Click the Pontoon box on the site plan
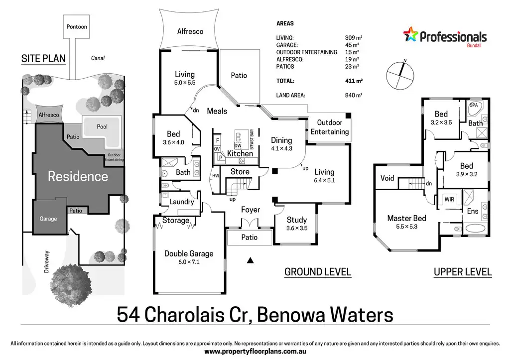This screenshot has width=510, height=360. click(x=76, y=26)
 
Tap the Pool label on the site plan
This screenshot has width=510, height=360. click(x=102, y=126)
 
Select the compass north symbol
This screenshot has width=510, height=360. click(x=400, y=76)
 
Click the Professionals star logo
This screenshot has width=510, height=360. click(x=410, y=34)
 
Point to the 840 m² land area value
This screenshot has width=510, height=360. click(x=354, y=95)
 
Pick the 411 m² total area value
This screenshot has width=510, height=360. click(x=354, y=81)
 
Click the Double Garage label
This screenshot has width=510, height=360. click(x=189, y=253)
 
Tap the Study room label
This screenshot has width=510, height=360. click(x=297, y=220)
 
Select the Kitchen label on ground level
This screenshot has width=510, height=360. click(x=240, y=153)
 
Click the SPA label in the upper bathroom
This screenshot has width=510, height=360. click(x=474, y=105)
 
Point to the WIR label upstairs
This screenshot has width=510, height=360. click(x=449, y=199)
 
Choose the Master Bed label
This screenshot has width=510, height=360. click(x=406, y=218)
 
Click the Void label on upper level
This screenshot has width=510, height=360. click(x=387, y=178)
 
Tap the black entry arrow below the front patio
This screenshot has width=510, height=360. click(x=250, y=260)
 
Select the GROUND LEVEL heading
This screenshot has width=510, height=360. click(x=318, y=272)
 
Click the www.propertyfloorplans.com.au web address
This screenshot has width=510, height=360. click(x=255, y=352)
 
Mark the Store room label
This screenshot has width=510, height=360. click(x=240, y=172)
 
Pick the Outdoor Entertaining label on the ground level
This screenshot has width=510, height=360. click(x=330, y=127)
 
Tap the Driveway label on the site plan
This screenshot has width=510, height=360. click(x=46, y=261)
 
